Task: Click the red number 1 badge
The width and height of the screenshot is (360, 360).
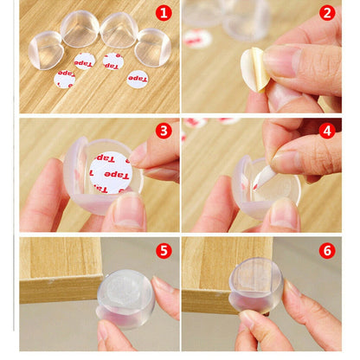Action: [x=163, y=13]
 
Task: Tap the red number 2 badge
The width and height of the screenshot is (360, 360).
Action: [x=327, y=13]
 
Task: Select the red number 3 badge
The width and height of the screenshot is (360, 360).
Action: [x=164, y=131]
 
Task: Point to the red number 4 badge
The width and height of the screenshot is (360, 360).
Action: [x=327, y=131]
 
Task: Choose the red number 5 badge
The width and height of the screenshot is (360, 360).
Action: [x=164, y=250]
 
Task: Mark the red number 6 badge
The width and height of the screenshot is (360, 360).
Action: [x=327, y=250]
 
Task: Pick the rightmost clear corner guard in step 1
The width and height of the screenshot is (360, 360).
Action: [x=153, y=45]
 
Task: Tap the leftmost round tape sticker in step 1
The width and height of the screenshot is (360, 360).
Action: [x=65, y=79]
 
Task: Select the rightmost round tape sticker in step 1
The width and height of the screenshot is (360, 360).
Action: [x=137, y=79]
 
